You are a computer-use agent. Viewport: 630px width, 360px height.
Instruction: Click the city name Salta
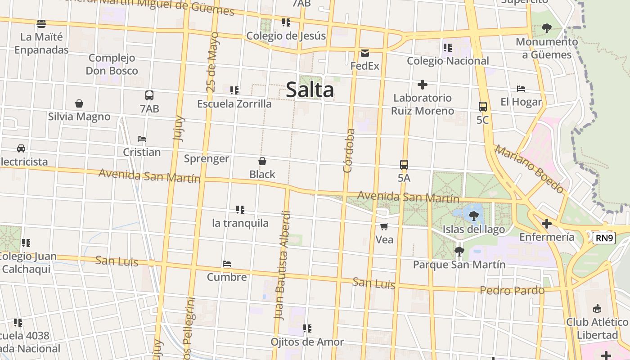[310, 90]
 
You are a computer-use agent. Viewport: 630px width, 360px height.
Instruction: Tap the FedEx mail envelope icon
[364, 53]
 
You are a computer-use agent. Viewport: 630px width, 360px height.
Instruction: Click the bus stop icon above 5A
[404, 165]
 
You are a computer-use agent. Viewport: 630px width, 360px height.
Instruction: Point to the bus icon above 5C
[483, 107]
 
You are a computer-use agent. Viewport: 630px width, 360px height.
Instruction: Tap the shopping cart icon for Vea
[384, 226]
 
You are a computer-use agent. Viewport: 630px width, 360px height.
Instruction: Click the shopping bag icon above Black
[262, 161]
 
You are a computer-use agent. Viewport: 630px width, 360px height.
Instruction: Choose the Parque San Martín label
[459, 264]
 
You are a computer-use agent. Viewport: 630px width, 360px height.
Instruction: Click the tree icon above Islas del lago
[473, 216]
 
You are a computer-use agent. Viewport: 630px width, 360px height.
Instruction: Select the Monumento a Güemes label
[547, 48]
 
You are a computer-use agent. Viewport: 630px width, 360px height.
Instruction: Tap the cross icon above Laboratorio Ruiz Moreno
[422, 85]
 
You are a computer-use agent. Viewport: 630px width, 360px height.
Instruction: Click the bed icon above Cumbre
[227, 264]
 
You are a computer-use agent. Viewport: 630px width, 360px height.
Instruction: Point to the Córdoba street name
[349, 151]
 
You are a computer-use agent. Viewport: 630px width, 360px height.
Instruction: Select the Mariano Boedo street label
[529, 169]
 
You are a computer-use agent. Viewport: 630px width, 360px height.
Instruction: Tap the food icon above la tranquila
[240, 210]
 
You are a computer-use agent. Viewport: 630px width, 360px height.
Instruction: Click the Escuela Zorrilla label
[234, 103]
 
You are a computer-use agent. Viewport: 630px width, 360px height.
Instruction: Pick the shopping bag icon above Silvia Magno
[79, 103]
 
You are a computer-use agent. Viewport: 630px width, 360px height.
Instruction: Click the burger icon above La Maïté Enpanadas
[41, 23]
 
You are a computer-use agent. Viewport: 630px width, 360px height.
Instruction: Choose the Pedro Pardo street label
[512, 290]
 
